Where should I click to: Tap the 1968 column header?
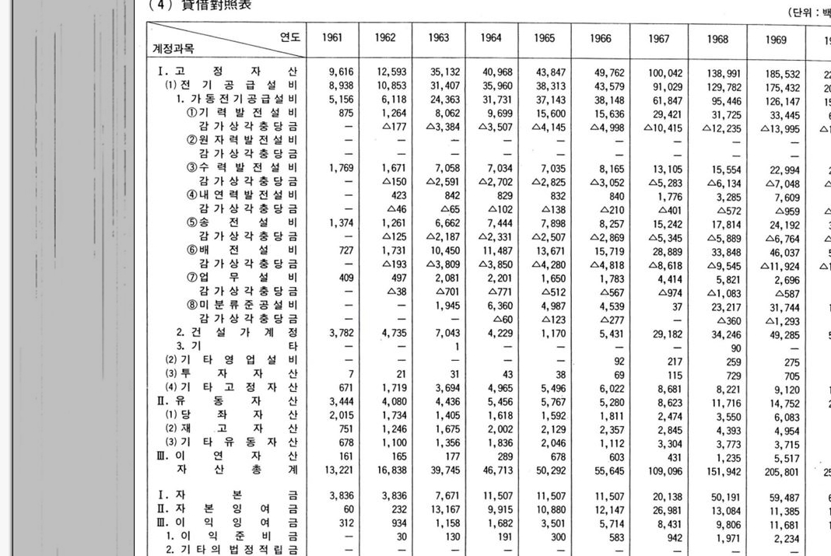click(x=718, y=38)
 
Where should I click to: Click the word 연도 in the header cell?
click(x=290, y=36)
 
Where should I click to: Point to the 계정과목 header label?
click(x=174, y=48)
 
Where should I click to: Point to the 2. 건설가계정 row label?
click(x=237, y=333)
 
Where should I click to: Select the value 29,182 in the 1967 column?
click(x=668, y=334)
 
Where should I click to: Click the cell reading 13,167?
click(x=445, y=510)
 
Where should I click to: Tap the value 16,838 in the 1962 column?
click(x=393, y=470)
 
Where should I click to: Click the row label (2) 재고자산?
click(x=231, y=429)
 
